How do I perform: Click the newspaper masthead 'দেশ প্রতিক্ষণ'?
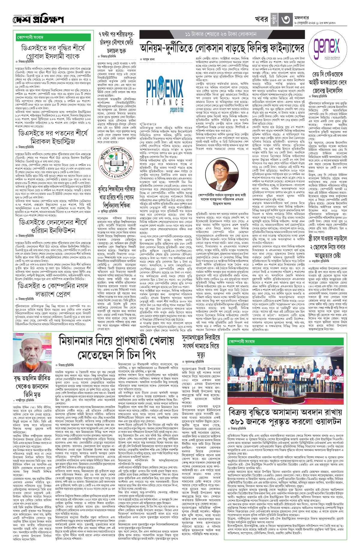(38, 20)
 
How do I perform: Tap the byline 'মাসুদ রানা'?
(149, 59)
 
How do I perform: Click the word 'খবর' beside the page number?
(261, 19)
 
